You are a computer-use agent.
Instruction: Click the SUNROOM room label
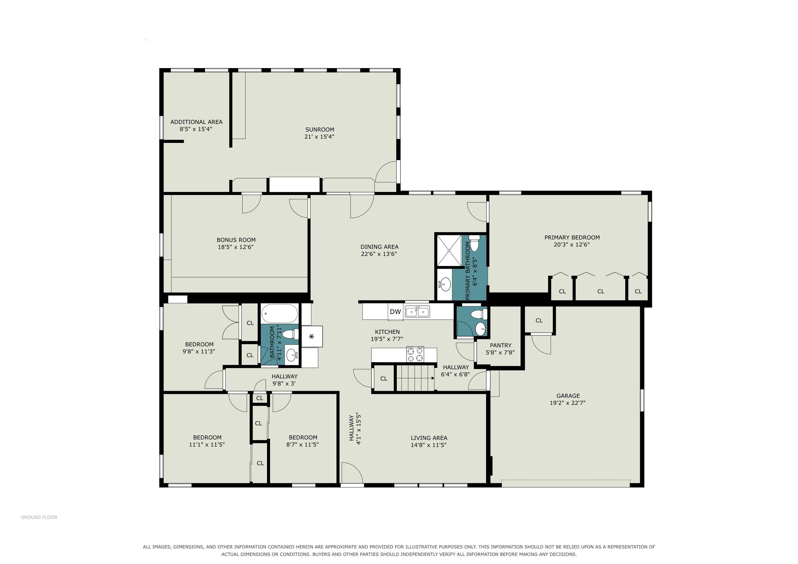tap(320, 129)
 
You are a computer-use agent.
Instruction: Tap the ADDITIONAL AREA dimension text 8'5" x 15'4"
tap(196, 129)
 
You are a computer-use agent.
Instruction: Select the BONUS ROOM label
tap(236, 240)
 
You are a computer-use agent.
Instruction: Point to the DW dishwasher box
tap(395, 311)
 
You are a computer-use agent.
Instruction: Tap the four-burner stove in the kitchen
tap(415, 355)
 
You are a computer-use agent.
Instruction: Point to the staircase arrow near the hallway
tap(416, 378)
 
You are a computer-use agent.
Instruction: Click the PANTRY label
tap(500, 346)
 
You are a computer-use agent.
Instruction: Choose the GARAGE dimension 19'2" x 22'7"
tap(568, 403)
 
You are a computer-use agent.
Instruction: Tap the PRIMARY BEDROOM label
tap(572, 238)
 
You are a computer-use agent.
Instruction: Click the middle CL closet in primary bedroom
tap(601, 292)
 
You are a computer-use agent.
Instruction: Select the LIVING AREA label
tap(429, 438)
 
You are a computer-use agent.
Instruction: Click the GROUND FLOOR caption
tap(39, 517)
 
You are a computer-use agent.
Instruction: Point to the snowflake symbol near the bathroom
tap(312, 336)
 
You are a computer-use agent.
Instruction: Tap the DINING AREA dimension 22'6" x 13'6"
tap(379, 254)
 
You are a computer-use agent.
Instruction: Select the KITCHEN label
tap(387, 332)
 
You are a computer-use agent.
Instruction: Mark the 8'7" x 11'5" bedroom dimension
tap(302, 444)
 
